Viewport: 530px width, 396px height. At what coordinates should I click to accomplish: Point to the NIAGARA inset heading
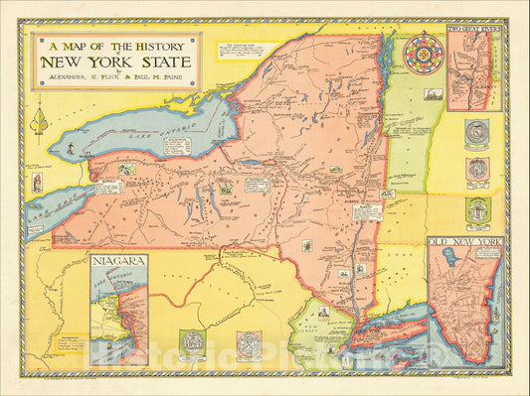118,264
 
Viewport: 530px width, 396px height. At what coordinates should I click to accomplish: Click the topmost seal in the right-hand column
477,132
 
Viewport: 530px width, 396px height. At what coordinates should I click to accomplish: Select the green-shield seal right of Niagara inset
190,339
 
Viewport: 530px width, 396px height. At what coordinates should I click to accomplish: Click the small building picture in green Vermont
432,93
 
